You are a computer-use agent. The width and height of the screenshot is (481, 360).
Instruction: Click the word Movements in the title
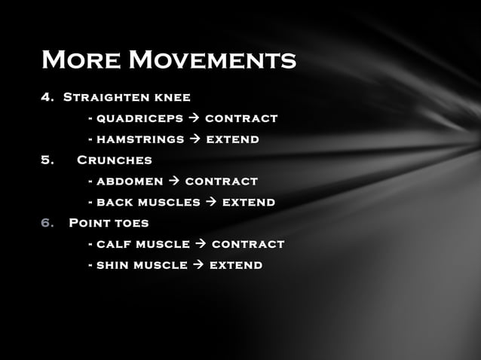pyautogui.click(x=213, y=59)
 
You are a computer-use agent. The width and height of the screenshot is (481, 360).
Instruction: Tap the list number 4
pyautogui.click(x=47, y=97)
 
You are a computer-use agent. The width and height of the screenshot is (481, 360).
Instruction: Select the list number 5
pyautogui.click(x=47, y=160)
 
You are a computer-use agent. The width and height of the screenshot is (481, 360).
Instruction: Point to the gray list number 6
pyautogui.click(x=47, y=223)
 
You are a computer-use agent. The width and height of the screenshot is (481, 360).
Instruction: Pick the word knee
pyautogui.click(x=171, y=97)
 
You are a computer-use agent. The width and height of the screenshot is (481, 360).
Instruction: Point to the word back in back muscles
pyautogui.click(x=115, y=203)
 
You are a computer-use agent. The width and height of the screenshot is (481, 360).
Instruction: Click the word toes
pyautogui.click(x=132, y=223)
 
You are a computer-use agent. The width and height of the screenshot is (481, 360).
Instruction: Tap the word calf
pyautogui.click(x=114, y=244)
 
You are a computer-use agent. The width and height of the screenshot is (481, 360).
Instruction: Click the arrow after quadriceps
pyautogui.click(x=191, y=118)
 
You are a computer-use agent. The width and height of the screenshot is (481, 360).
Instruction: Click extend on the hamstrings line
pyautogui.click(x=234, y=139)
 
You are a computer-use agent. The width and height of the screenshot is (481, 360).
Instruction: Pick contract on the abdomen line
pyautogui.click(x=221, y=182)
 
